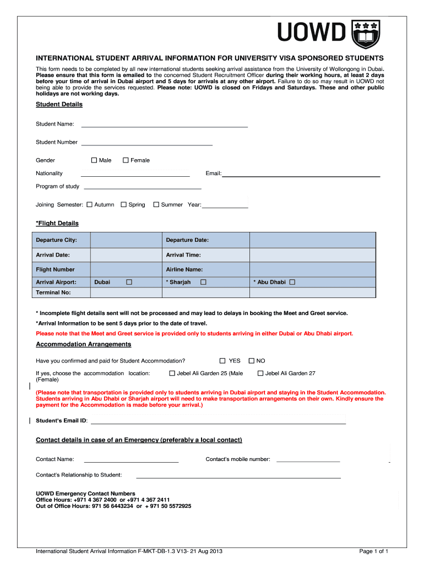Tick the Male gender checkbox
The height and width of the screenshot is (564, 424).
[94, 160]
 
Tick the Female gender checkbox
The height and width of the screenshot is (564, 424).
[126, 160]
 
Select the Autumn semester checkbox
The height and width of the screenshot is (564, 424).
[90, 205]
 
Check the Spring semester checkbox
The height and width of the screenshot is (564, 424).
[124, 205]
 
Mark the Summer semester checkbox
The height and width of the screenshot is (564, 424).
[156, 205]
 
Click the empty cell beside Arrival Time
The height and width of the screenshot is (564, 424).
[312, 255]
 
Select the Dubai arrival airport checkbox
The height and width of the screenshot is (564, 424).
[129, 282]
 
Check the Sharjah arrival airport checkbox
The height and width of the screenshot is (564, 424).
[203, 282]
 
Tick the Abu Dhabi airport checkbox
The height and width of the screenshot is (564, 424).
[292, 282]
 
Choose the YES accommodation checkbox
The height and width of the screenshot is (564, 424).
[222, 361]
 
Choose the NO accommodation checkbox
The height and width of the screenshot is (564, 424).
[252, 361]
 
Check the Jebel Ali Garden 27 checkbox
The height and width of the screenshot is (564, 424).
[261, 373]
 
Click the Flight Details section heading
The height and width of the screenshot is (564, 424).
[57, 223]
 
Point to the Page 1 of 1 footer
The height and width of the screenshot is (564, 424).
[374, 551]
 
